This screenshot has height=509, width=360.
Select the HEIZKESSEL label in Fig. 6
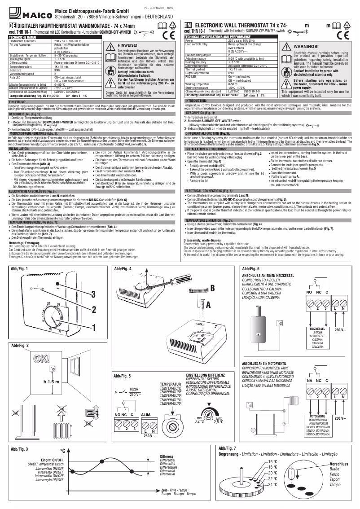click(x=317, y=329)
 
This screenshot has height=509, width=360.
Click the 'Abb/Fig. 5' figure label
click(x=123, y=375)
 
